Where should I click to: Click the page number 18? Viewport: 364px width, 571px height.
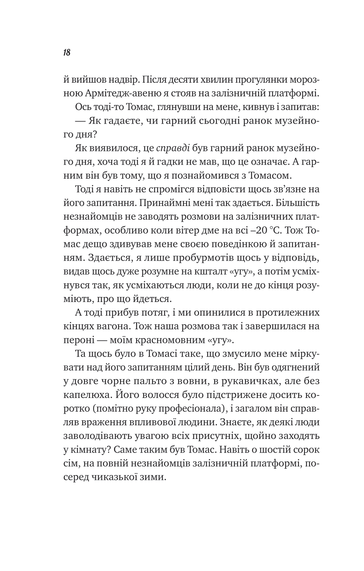click(67, 53)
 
